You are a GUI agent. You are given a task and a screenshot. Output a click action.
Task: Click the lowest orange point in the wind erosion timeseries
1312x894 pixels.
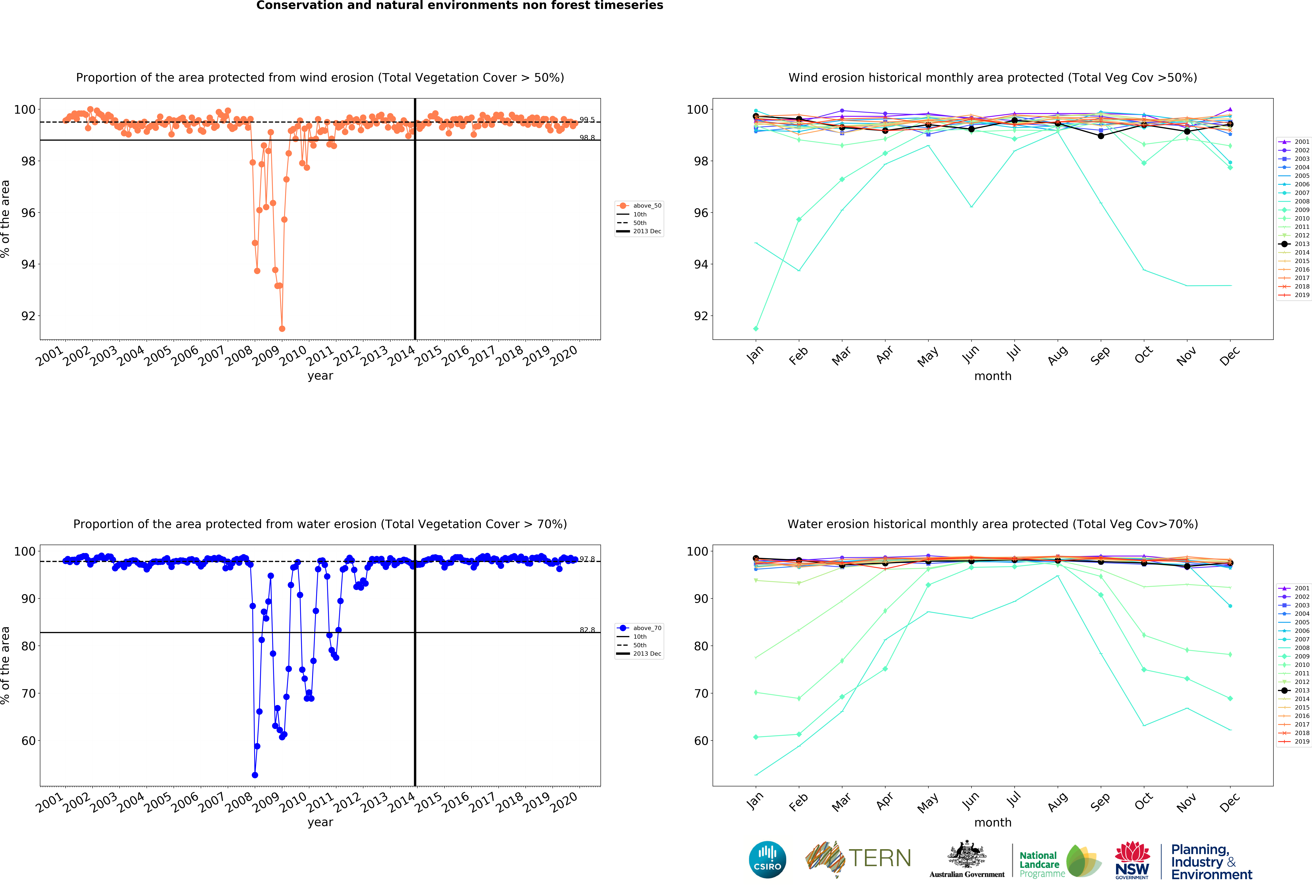pyautogui.click(x=282, y=329)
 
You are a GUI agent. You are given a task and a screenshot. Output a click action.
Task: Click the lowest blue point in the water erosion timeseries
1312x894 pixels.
pyautogui.click(x=255, y=775)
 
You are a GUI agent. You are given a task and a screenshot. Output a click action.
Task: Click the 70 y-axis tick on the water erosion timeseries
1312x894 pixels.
pyautogui.click(x=28, y=694)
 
